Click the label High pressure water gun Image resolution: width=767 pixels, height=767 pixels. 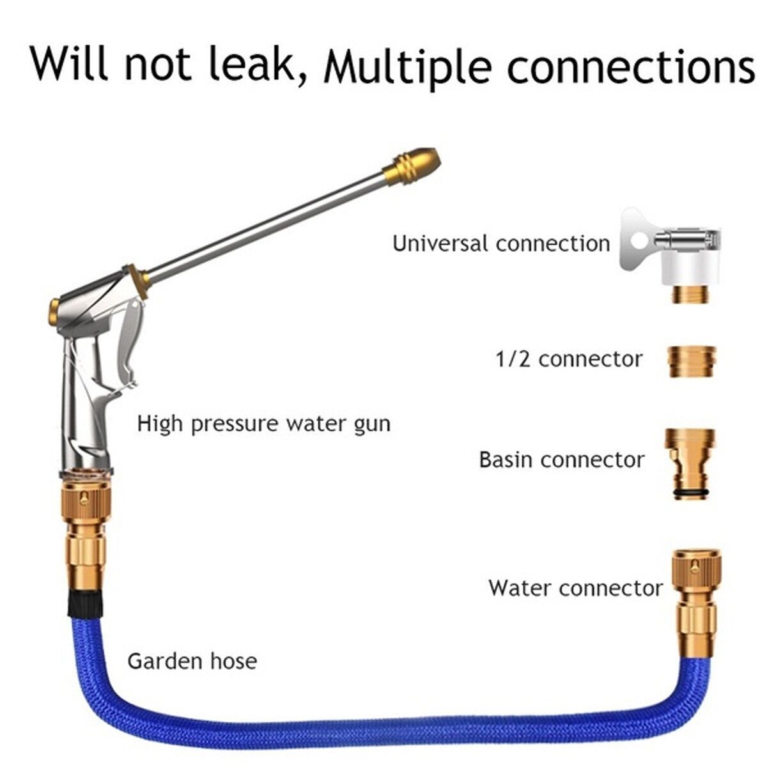coord(263,424)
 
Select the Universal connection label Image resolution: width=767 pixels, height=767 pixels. coord(501,244)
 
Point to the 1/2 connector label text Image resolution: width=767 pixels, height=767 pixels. coord(569,359)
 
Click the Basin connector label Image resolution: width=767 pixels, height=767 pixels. coord(562,460)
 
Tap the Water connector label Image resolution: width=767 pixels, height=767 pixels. coord(576,587)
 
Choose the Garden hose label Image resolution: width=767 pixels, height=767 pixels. coord(192,660)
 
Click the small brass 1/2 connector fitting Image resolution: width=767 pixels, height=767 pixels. coord(692,362)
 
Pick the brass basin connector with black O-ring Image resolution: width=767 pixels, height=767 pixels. coord(692,462)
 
